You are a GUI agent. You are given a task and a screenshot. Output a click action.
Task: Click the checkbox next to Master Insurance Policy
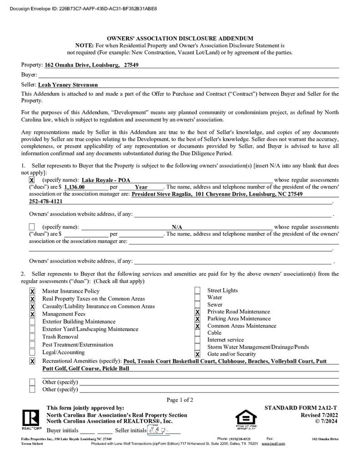(x=32, y=291)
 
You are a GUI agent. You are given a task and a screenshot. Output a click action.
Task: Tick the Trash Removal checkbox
(x=32, y=337)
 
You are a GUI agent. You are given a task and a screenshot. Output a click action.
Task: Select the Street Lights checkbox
(x=198, y=291)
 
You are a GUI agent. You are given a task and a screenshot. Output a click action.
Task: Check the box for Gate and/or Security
(x=198, y=354)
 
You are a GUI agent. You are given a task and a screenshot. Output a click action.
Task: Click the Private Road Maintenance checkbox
(x=198, y=312)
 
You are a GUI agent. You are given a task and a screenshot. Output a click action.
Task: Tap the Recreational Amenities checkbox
(x=32, y=361)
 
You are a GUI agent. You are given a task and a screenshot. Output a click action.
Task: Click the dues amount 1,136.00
(x=75, y=187)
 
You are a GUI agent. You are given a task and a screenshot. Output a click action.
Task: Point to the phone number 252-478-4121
(x=46, y=201)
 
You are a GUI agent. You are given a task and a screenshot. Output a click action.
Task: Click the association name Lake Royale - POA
(x=106, y=180)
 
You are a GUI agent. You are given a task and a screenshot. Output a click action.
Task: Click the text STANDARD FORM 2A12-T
(x=301, y=408)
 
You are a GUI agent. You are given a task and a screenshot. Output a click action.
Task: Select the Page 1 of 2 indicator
(x=180, y=400)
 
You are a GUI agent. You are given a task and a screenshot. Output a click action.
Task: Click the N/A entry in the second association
(x=177, y=227)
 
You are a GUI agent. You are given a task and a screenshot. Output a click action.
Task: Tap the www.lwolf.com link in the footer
(x=273, y=443)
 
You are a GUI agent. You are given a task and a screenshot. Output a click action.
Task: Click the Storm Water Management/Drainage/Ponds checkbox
(x=198, y=347)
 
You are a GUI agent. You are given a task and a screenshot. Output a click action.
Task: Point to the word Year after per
(x=141, y=187)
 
